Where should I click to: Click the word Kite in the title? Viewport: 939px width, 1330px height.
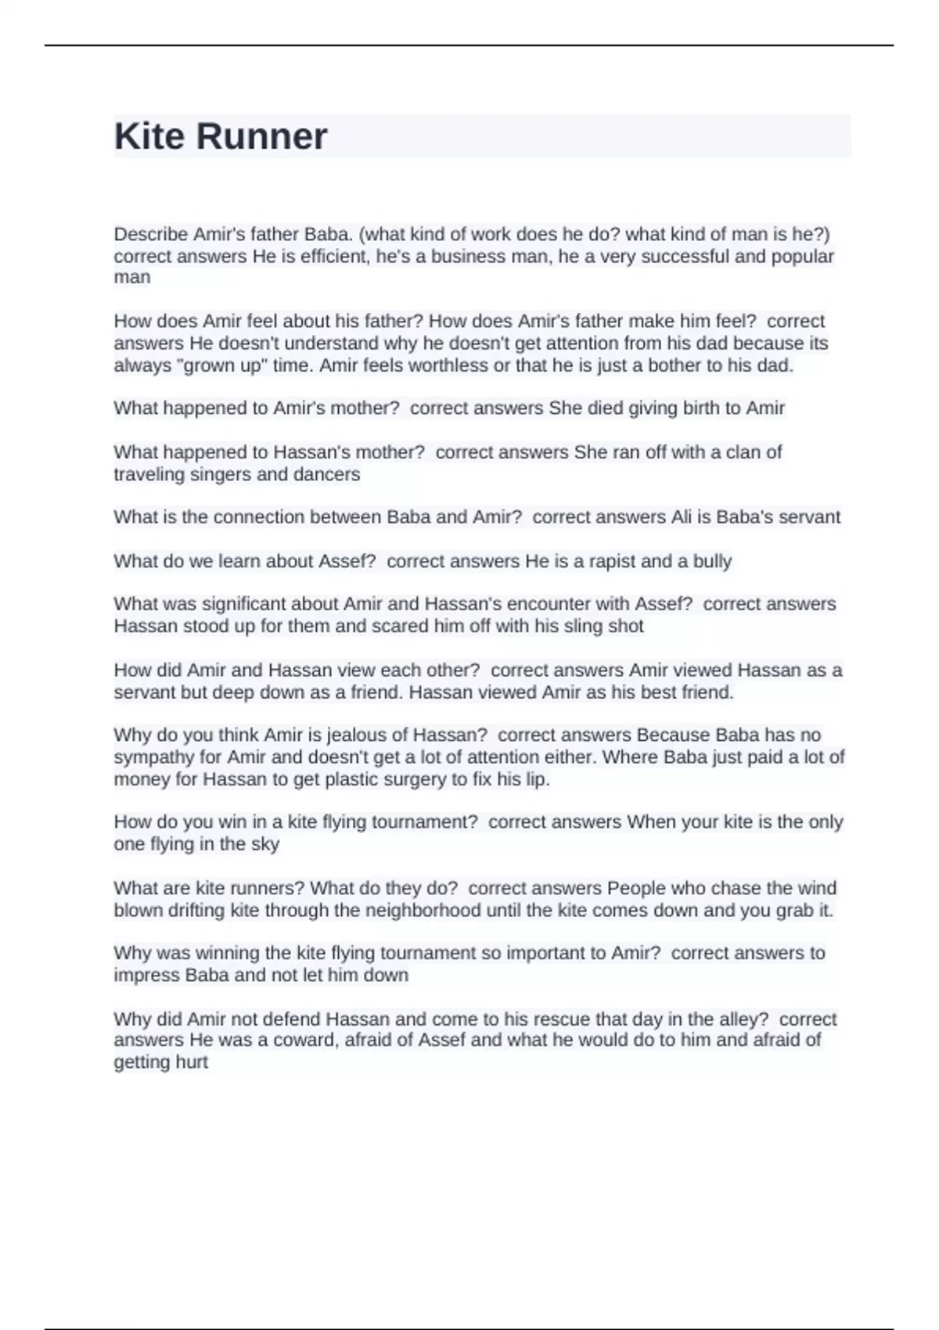(150, 137)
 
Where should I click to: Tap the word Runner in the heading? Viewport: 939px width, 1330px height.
(261, 137)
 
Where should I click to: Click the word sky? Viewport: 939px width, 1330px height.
(265, 844)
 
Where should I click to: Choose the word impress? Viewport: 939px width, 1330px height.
(147, 976)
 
